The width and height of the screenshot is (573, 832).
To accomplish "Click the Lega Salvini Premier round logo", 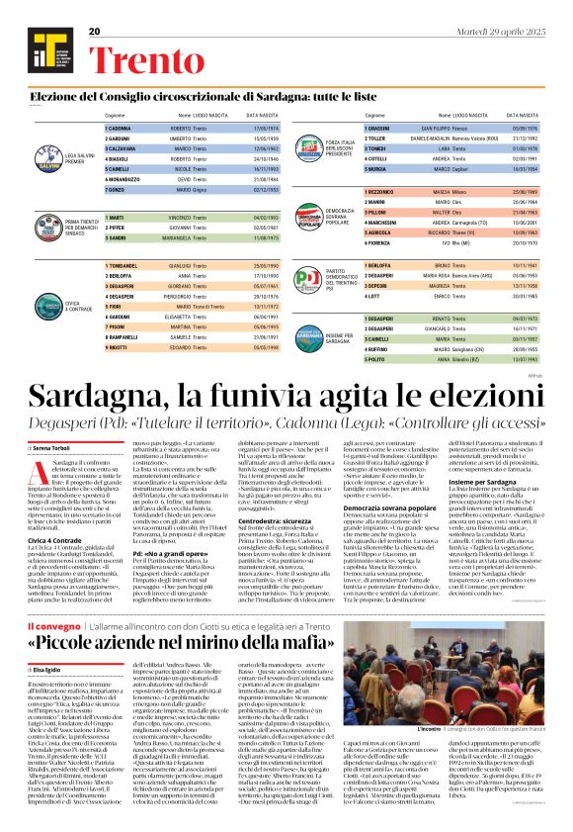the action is pyautogui.click(x=44, y=146).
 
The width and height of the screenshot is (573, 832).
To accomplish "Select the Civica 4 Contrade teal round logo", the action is pyautogui.click(x=44, y=302).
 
